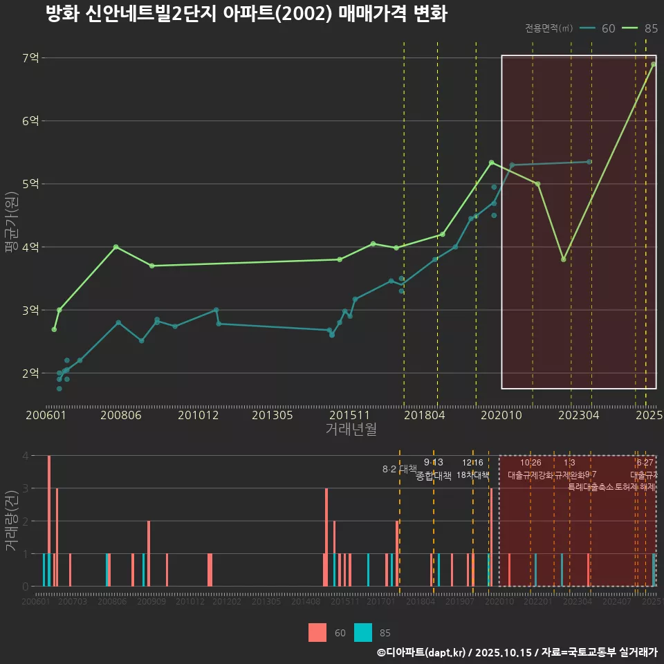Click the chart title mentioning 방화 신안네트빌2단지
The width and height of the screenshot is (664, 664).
(246, 15)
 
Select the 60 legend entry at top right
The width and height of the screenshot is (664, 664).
(599, 28)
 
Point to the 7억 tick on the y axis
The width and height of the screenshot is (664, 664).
(30, 58)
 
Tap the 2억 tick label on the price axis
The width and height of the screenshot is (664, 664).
(30, 373)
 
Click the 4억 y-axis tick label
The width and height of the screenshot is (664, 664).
(30, 247)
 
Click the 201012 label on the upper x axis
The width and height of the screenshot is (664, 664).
(198, 416)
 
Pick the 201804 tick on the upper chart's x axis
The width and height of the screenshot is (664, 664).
(424, 416)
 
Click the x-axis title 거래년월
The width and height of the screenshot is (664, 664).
(351, 430)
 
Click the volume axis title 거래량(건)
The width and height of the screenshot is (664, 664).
(10, 521)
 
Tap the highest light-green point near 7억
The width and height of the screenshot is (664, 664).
(653, 64)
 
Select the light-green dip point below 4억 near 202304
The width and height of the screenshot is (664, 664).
(564, 259)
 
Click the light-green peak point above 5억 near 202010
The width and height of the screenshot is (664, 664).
(491, 163)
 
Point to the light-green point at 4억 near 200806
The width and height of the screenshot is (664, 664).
(116, 247)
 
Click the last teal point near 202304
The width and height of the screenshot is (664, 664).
(589, 162)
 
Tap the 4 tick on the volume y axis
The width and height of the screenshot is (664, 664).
(25, 456)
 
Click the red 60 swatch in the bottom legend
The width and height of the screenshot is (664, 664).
(317, 632)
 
